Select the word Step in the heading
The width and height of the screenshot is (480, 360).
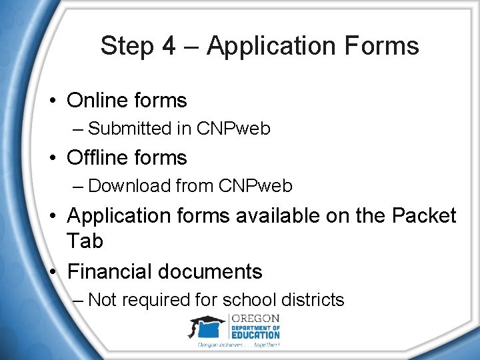(x=127, y=47)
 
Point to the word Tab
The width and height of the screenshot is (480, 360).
(x=85, y=241)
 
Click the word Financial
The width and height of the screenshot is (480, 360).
(x=110, y=272)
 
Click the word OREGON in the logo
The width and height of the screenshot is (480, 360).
(x=255, y=319)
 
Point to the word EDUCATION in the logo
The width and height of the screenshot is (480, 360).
(x=255, y=335)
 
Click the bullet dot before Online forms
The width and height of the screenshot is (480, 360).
(x=51, y=101)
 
